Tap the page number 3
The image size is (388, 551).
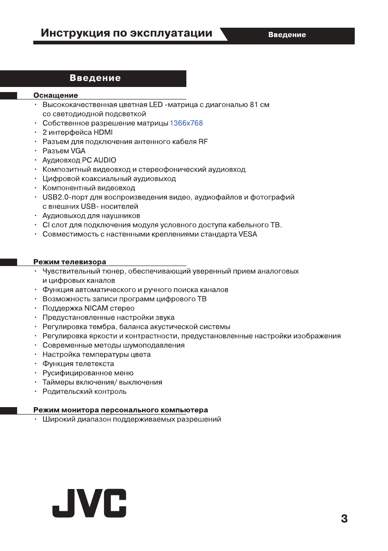[x=344, y=518]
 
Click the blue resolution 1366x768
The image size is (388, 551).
[x=186, y=123]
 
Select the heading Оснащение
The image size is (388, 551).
[x=55, y=96]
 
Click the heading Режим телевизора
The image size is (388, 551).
[x=70, y=262]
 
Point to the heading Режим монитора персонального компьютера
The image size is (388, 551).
[x=121, y=410]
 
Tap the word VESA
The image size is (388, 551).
[x=248, y=234]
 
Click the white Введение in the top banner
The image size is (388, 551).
[x=287, y=35]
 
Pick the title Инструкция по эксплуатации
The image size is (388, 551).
[x=127, y=33]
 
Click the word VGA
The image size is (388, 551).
[x=78, y=151]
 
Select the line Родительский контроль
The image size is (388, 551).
[x=85, y=391]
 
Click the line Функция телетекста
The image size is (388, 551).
[x=78, y=364]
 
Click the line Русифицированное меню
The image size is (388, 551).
[x=88, y=373]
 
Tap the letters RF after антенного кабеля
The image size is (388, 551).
[x=203, y=142]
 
